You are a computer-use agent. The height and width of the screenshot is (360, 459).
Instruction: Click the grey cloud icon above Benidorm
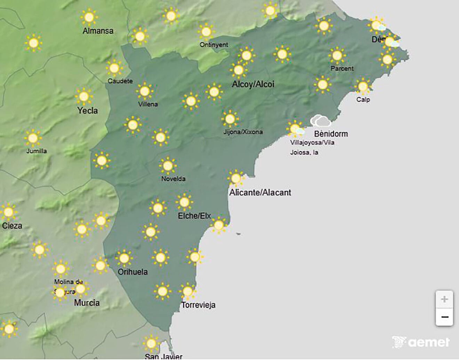coord(320,121)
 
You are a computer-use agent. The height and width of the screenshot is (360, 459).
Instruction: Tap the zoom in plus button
coord(444,299)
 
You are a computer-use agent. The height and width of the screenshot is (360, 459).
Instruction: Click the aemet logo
coord(421,342)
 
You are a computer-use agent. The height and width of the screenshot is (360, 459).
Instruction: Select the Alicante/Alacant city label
coord(260,193)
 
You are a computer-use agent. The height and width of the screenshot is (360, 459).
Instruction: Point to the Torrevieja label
coord(198,305)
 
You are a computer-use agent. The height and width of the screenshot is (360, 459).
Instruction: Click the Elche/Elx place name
coord(194,216)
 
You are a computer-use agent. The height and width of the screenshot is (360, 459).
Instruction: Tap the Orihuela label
coord(132,272)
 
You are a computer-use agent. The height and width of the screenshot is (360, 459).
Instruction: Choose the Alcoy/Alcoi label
coord(253,84)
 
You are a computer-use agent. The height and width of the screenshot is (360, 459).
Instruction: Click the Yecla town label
coord(87,111)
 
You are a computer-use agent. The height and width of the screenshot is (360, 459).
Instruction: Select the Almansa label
coord(98,31)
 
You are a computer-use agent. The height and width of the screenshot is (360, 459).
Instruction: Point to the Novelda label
coord(173,179)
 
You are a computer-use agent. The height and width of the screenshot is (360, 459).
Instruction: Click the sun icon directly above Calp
coord(363,86)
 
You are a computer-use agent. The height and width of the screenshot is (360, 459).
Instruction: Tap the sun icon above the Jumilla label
coord(33,138)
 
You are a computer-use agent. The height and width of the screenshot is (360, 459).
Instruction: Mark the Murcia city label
coord(87,303)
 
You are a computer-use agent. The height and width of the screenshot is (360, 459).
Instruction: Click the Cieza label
coord(12,226)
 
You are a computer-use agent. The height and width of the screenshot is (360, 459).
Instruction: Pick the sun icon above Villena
coord(145,91)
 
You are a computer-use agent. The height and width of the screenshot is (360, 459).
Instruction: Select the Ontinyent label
coord(214,45)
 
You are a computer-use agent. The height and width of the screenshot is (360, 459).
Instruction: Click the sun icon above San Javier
coord(151,343)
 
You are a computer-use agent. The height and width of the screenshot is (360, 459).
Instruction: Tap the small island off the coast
coord(238,234)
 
